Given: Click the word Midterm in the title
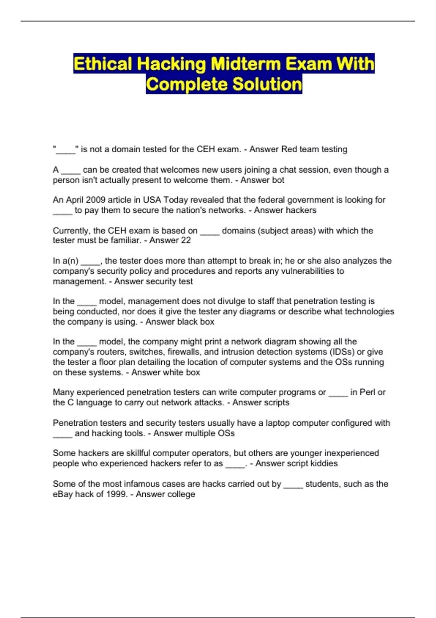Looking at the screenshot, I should click(x=246, y=64).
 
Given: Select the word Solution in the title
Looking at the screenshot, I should click(x=267, y=84).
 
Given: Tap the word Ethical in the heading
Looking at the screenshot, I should click(x=102, y=64).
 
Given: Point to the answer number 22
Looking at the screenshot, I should click(x=186, y=240).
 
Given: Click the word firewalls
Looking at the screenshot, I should click(x=183, y=352).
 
